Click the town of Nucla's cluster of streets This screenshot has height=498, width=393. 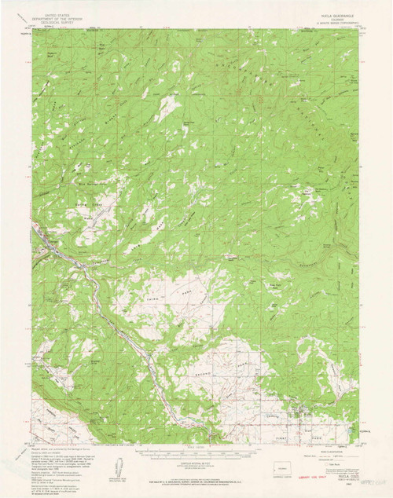pos(299,409)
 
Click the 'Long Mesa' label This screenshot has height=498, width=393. pos(153,228)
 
